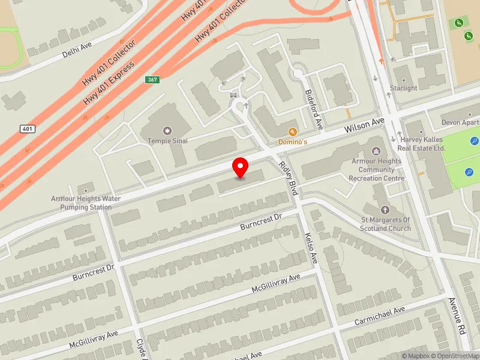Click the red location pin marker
241,167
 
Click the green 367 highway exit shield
153,80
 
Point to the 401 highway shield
27,128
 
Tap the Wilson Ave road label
364,126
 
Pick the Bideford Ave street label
314,108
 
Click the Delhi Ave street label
77,50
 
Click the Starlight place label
403,88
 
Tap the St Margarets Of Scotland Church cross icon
385,211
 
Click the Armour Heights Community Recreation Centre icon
377,151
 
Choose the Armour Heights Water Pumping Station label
86,202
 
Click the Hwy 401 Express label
109,80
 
